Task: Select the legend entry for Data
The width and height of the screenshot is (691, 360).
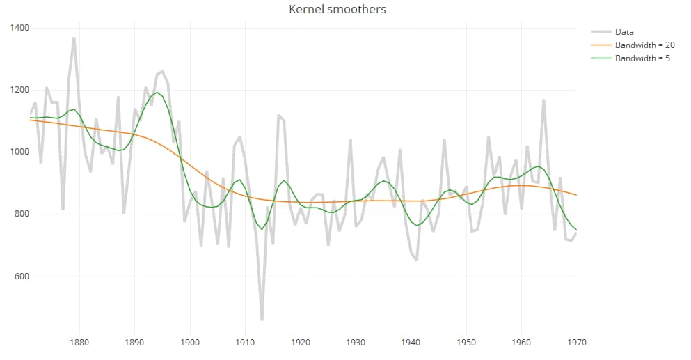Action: coord(624,31)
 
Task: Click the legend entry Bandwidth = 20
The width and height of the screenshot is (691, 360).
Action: coord(645,45)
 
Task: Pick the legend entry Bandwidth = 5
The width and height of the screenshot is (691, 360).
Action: coord(642,58)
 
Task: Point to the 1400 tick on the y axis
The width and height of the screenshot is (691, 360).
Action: coord(19,27)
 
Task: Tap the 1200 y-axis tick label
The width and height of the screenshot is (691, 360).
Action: coord(19,90)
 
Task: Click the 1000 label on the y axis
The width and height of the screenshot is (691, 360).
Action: coord(19,152)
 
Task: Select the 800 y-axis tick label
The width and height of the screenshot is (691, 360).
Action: coord(21,214)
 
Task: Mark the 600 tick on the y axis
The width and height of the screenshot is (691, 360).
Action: coord(21,276)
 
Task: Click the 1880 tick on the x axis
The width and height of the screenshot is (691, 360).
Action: coord(79,343)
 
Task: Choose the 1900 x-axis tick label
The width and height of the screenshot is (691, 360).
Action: coord(190,343)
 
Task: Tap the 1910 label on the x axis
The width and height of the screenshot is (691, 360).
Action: coord(245,343)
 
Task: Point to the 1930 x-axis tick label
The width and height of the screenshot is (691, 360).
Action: coord(356,343)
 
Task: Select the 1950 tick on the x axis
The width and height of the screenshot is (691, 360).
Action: coord(466,343)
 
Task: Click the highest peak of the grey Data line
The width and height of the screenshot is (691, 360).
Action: coord(74,38)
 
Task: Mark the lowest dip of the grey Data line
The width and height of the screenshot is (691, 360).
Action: coord(262,320)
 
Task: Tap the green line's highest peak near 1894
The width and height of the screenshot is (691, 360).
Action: coord(157,93)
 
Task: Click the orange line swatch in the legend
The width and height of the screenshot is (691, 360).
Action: coord(601,45)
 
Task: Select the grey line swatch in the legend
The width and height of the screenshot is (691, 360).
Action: coord(601,31)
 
